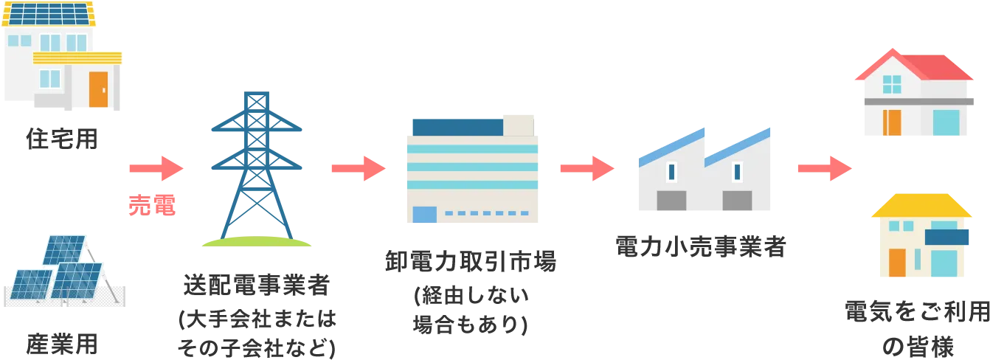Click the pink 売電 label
[152, 206]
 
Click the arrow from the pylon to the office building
[359, 169]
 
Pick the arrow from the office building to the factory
[586, 169]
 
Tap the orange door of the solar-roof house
[98, 89]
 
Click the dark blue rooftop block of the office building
[455, 127]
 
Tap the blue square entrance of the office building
[424, 215]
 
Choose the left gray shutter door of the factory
[671, 200]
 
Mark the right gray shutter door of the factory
[737, 200]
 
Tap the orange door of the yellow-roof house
[896, 262]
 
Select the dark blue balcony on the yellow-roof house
[946, 238]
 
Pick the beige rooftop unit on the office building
[519, 124]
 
